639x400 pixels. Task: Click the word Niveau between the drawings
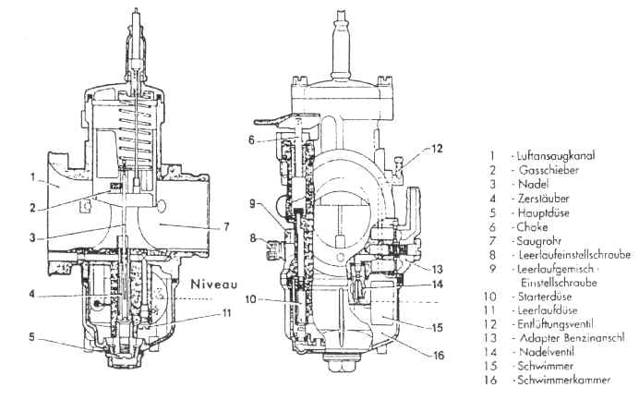214,284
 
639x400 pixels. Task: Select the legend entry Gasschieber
549,170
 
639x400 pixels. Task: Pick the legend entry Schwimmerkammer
564,380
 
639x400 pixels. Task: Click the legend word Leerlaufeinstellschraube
575,255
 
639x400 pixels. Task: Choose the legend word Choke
532,227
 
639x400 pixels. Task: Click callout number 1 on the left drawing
33,177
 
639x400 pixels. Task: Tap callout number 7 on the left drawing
226,226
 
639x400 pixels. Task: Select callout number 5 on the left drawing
31,337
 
